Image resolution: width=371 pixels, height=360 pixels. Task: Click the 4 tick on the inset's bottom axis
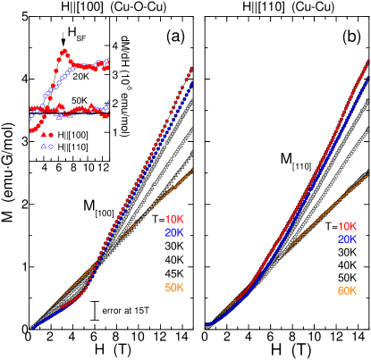pyautogui.click(x=43, y=167)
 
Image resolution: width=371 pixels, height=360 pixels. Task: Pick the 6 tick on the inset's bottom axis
pyautogui.click(x=59, y=167)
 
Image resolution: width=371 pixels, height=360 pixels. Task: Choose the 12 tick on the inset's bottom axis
pyautogui.click(x=105, y=167)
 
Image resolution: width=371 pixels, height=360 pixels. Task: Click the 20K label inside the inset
pyautogui.click(x=82, y=77)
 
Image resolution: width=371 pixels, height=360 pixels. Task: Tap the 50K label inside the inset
pyautogui.click(x=80, y=100)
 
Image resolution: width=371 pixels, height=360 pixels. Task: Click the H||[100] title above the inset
pyautogui.click(x=81, y=6)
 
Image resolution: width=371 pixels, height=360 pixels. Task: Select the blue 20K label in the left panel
pyautogui.click(x=173, y=233)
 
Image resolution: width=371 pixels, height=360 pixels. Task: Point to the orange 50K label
pyautogui.click(x=175, y=287)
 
